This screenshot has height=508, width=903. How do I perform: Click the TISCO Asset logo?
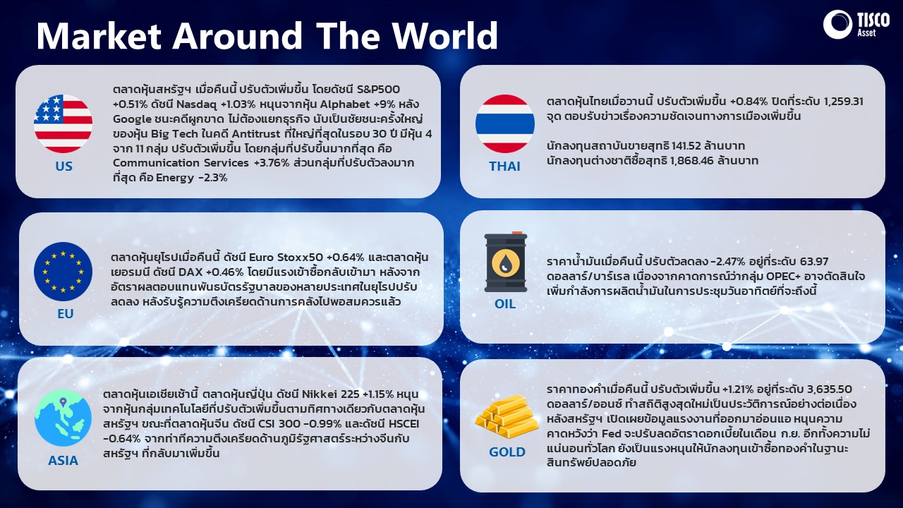pos(856,25)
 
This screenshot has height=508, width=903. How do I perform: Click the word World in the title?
pos(445,35)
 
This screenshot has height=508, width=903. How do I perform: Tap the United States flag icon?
pos(63,123)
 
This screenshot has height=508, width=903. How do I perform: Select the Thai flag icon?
pos(505,123)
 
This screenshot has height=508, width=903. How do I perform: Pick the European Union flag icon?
pos(63,272)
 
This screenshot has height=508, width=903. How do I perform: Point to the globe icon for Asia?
pos(63,418)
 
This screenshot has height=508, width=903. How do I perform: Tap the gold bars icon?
pos(507,417)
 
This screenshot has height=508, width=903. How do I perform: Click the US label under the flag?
pos(63,166)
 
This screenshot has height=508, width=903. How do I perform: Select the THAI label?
pos(504,166)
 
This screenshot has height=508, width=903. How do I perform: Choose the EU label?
pos(66,314)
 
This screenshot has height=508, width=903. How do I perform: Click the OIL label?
pos(505,303)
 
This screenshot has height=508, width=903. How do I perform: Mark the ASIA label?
pos(63,461)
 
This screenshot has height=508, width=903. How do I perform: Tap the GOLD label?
pos(507,452)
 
